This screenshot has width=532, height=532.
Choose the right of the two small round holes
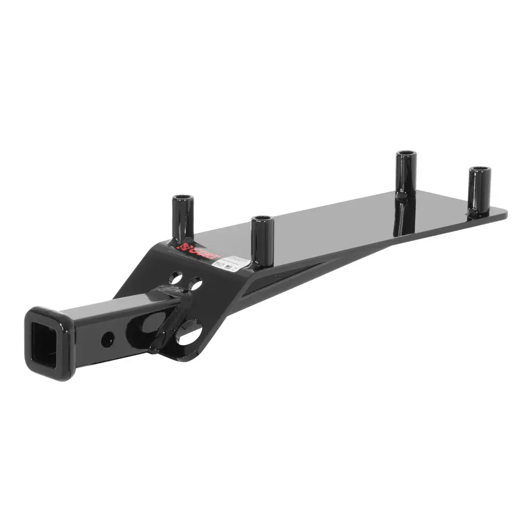tap(195, 284)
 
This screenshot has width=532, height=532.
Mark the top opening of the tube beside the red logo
tap(182, 198)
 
